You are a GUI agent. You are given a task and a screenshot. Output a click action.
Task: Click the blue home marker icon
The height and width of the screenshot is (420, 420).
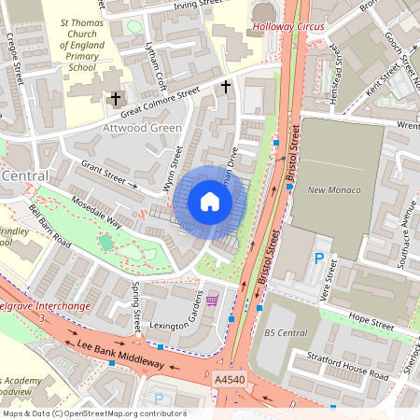[x=210, y=202]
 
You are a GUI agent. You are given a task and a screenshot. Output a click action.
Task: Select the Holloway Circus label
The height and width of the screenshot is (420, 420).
[x=288, y=26]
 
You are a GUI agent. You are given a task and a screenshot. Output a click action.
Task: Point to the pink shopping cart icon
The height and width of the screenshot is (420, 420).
[x=213, y=300]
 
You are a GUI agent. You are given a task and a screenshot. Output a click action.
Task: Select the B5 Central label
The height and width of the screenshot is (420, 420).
[x=285, y=331]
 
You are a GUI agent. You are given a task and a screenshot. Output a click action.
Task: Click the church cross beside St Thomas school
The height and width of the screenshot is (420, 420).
[x=117, y=97]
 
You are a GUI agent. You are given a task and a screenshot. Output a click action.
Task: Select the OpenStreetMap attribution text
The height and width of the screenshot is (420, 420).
[x=93, y=413]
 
